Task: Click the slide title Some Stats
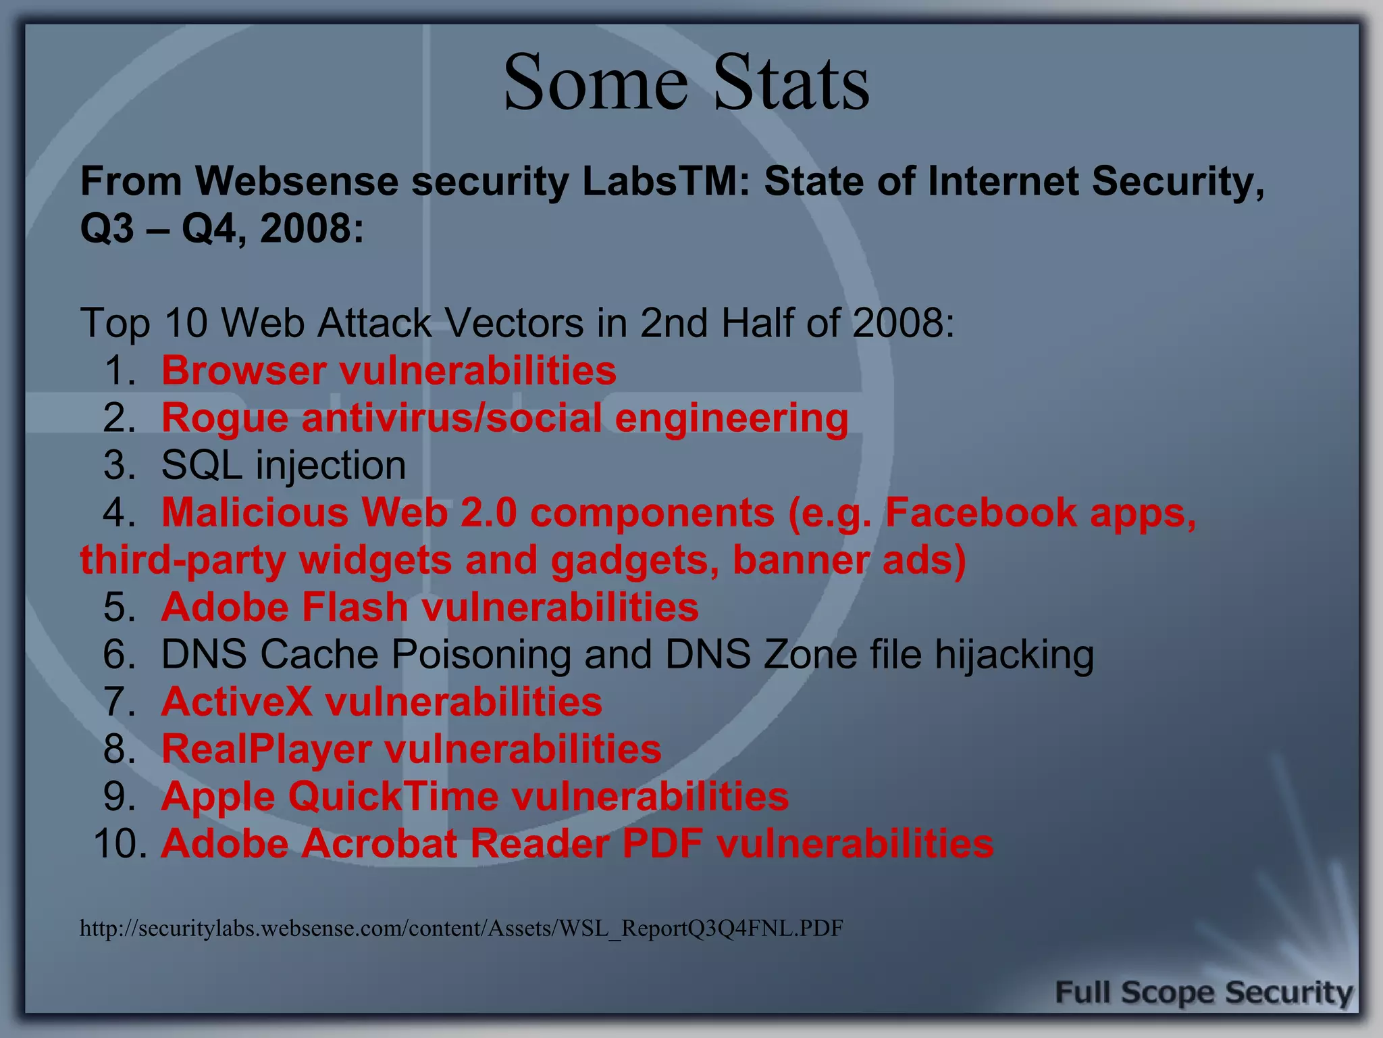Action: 686,82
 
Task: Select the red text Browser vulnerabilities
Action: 388,370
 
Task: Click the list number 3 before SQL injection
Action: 120,466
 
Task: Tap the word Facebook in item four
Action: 981,512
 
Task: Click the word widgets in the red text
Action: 375,560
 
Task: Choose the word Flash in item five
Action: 355,607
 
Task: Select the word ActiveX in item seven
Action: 236,701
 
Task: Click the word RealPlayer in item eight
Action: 266,749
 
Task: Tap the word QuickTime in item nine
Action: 393,796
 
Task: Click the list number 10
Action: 120,843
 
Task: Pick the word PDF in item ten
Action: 662,843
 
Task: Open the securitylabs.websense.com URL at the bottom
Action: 461,929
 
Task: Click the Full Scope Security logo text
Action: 1203,993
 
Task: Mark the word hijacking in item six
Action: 1014,654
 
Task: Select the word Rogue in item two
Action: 225,418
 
